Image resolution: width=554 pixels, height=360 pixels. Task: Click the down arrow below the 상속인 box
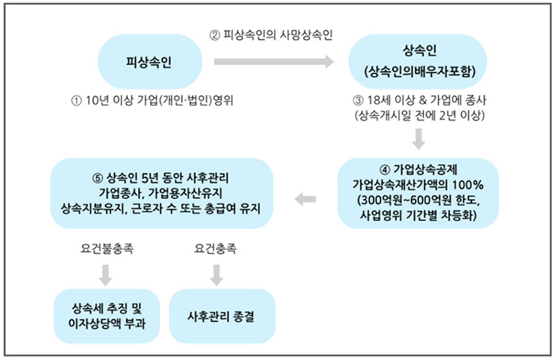(419, 137)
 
